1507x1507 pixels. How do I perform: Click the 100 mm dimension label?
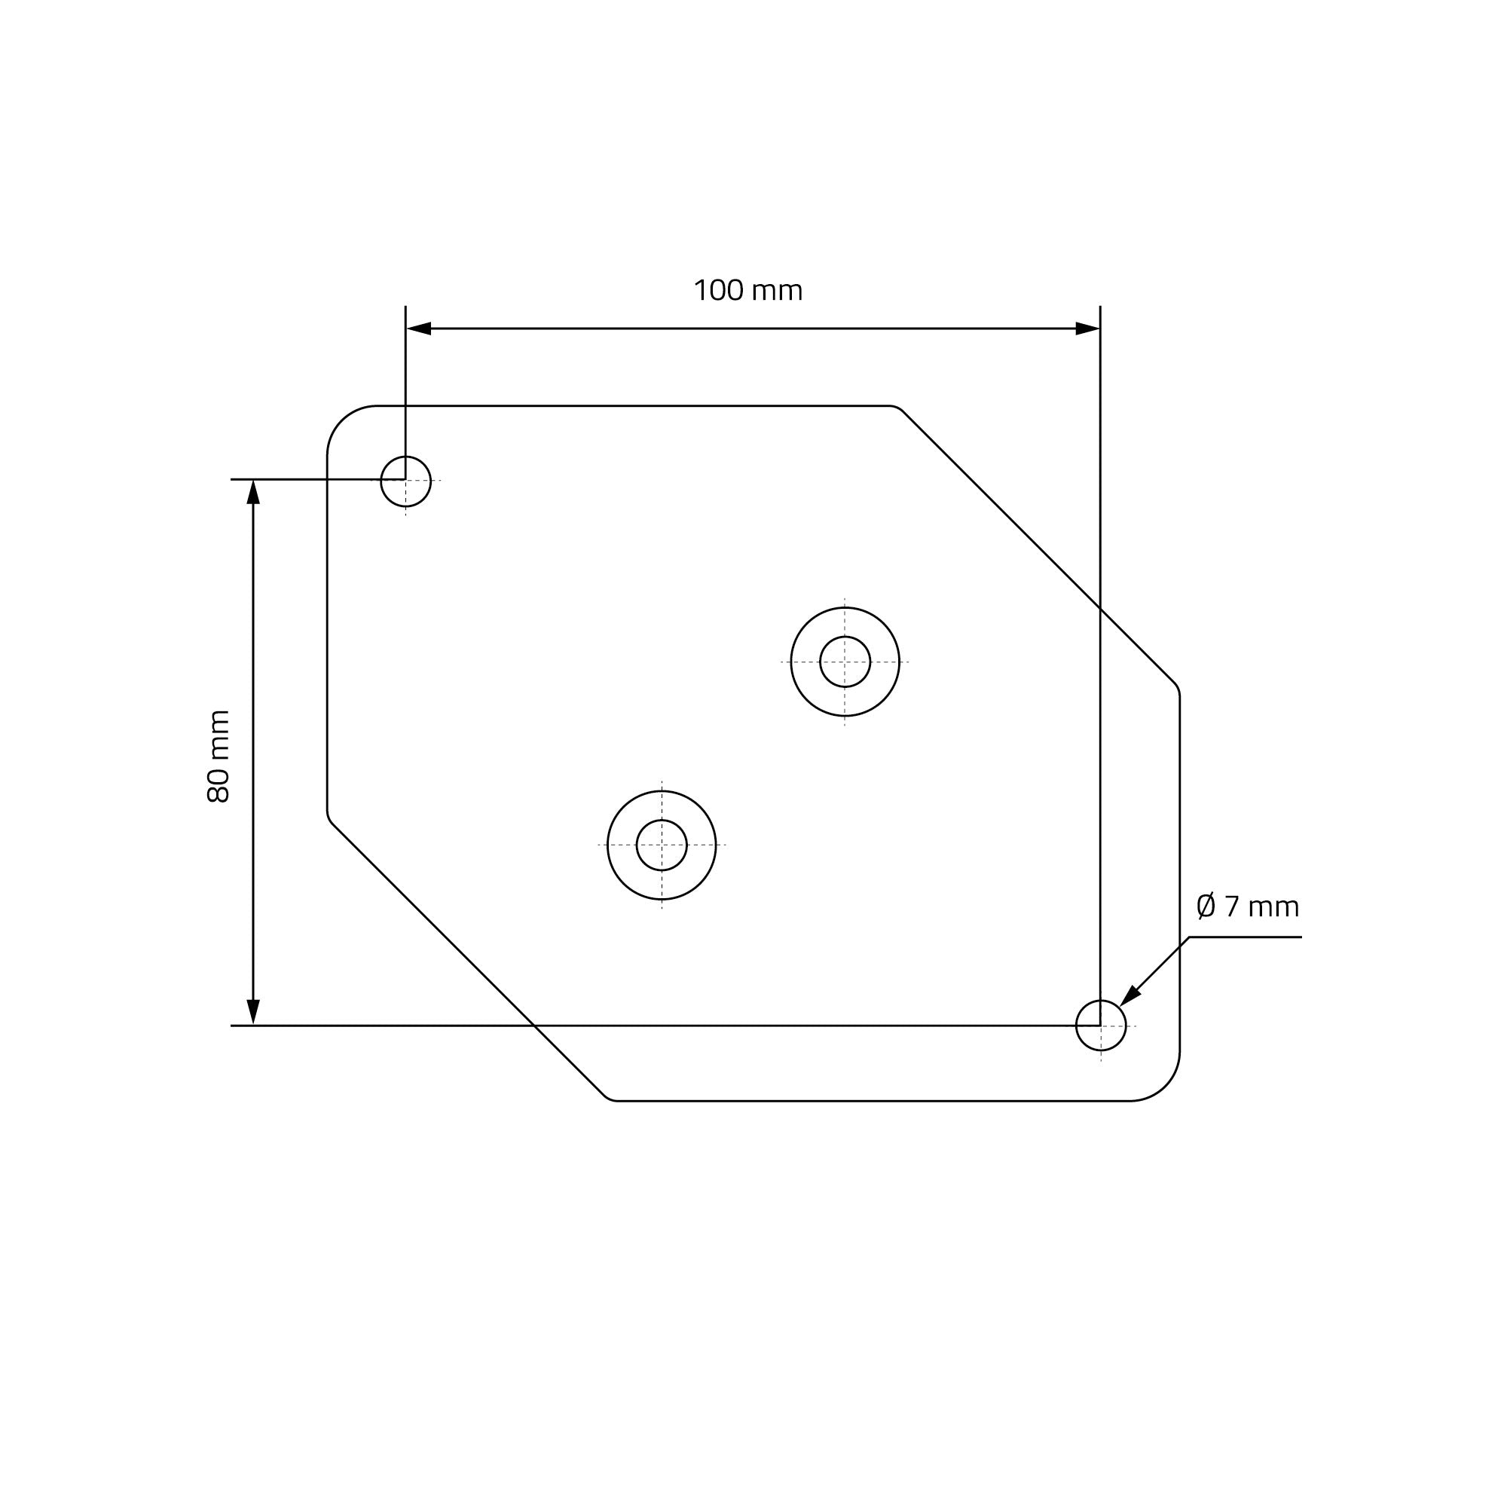click(x=748, y=291)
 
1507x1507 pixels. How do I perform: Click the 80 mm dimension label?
click(x=219, y=757)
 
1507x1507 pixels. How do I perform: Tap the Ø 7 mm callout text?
click(x=1248, y=907)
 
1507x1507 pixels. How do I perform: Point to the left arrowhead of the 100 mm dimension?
click(x=419, y=329)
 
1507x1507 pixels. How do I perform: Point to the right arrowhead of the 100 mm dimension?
click(x=1087, y=329)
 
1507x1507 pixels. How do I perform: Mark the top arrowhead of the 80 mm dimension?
click(x=252, y=492)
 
